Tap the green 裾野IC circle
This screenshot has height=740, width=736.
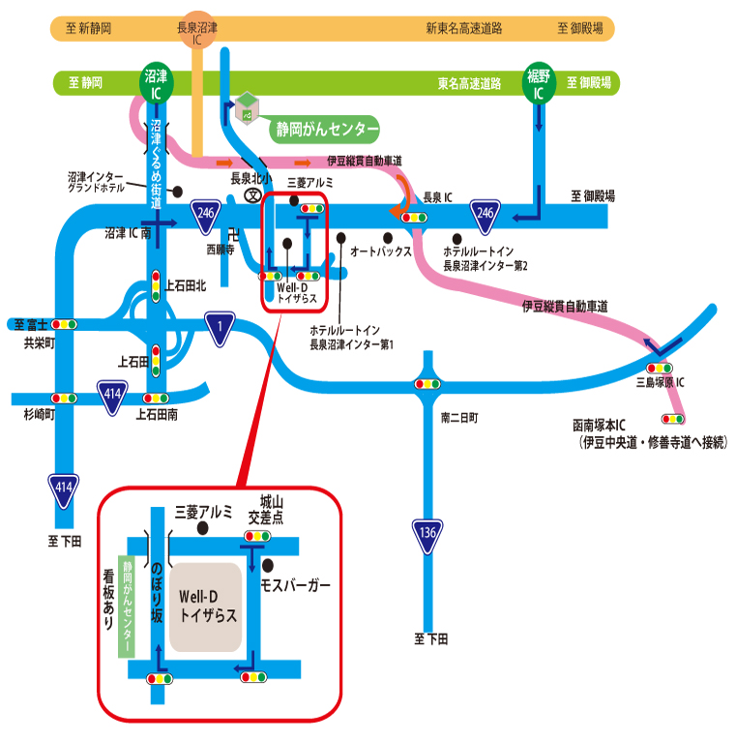click(x=538, y=83)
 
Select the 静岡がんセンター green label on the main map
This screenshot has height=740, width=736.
click(x=323, y=128)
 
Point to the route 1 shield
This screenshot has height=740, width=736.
click(x=221, y=326)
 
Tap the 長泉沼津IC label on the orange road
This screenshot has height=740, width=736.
click(x=199, y=35)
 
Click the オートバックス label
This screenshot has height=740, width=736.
click(x=380, y=251)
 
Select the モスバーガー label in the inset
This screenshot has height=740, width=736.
click(x=296, y=586)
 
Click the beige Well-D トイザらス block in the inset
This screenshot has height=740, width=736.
click(x=205, y=607)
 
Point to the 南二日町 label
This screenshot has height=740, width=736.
click(x=459, y=418)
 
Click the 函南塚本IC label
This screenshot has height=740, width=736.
click(x=613, y=426)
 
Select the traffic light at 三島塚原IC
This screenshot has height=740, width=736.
click(x=660, y=368)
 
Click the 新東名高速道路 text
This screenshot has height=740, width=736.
click(x=464, y=29)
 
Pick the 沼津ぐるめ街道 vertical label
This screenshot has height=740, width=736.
click(x=156, y=164)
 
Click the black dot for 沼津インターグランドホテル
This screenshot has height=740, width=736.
click(x=178, y=191)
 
